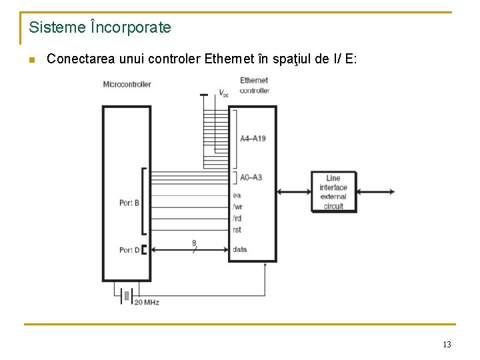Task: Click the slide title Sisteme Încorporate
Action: pos(100,28)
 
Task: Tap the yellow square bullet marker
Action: pos(31,60)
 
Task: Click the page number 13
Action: pos(447,344)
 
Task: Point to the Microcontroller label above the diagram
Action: pos(127,85)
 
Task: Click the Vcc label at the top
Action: pos(223,93)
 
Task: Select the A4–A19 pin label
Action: pos(253,139)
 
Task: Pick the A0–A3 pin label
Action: pos(251,177)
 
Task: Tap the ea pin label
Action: pos(237,195)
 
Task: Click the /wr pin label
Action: pos(237,207)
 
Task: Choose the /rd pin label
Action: pos(237,219)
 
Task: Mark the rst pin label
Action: pos(237,230)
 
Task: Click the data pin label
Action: pos(239,249)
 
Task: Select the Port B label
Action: pos(129,203)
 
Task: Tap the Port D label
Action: pos(129,250)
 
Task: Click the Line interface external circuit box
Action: pos(333,192)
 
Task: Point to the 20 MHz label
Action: pos(147,302)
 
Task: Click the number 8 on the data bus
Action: pos(194,243)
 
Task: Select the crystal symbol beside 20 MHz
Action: pos(125,295)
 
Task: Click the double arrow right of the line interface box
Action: pos(375,192)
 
